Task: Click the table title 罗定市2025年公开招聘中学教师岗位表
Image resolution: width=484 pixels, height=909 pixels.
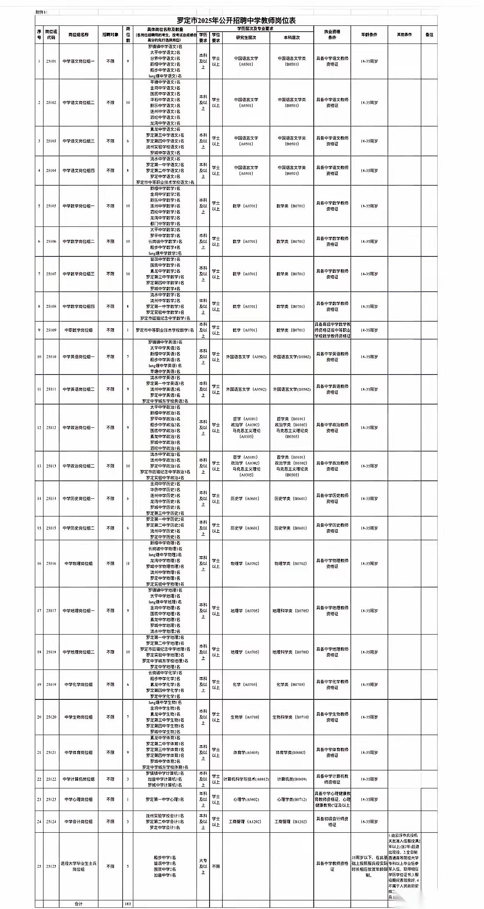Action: coord(236,21)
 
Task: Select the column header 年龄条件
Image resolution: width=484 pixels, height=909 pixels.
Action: coord(369,35)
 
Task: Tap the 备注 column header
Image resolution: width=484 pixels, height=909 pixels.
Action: coord(429,35)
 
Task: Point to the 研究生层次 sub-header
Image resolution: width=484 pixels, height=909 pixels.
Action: coord(246,37)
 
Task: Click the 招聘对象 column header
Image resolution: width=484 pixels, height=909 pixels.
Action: coord(110,35)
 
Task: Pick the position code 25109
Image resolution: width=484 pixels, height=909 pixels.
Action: coord(51,330)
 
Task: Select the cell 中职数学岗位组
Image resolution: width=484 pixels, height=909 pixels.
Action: coord(78,330)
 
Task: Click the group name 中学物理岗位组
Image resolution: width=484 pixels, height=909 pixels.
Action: coord(78,564)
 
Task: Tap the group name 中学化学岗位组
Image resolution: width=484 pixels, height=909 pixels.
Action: coord(78,685)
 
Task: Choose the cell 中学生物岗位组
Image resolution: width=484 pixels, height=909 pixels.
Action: coord(78,717)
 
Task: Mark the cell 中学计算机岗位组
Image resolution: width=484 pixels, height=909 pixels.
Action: coord(78,779)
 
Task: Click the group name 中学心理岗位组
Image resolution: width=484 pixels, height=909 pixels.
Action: coord(78,799)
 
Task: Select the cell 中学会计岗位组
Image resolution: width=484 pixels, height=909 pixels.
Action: coord(78,822)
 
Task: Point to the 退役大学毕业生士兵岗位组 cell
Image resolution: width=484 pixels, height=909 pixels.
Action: coord(78,866)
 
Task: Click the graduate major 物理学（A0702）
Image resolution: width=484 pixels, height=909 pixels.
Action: coord(246,564)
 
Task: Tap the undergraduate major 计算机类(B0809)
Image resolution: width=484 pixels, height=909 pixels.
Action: coord(292,779)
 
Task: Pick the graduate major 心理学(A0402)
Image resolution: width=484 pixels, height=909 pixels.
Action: coord(246,799)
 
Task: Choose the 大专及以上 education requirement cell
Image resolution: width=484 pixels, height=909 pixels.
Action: coord(203,866)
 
